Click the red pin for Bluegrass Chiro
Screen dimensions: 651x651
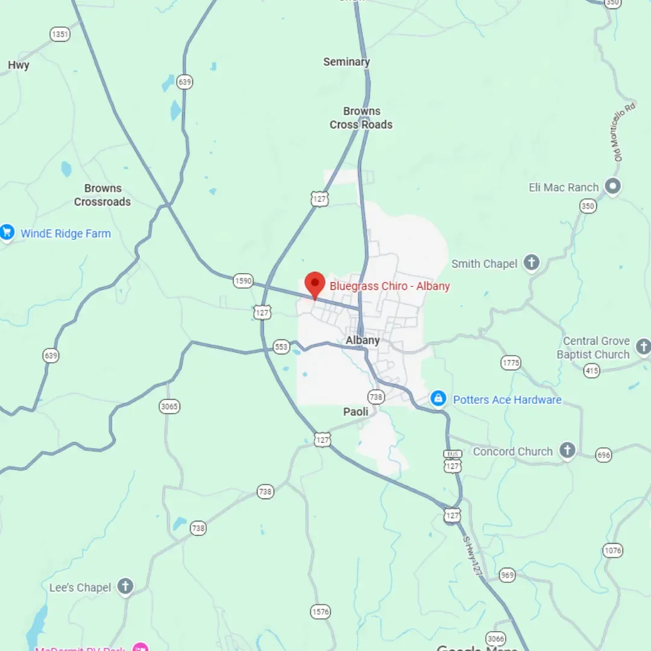[315, 284]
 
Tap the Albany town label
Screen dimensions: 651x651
[363, 341]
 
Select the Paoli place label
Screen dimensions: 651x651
[356, 412]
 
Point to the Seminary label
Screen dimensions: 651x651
[347, 61]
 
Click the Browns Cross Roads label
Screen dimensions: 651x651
[361, 118]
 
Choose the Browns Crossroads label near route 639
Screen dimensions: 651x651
[102, 195]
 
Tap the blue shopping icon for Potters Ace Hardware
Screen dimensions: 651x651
[438, 399]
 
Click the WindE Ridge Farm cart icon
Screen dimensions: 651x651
[7, 232]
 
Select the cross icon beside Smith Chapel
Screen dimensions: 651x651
[531, 262]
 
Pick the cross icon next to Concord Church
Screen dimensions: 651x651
[567, 450]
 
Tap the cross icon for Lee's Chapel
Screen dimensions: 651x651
[125, 587]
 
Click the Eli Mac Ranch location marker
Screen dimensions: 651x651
[613, 186]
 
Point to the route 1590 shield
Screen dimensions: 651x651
[243, 281]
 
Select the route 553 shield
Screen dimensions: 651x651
[281, 347]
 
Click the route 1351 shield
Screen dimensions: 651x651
[60, 34]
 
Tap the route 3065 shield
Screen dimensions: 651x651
[169, 406]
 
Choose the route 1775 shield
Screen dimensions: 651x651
[511, 362]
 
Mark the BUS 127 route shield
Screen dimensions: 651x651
[452, 462]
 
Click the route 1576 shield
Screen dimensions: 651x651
[321, 612]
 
